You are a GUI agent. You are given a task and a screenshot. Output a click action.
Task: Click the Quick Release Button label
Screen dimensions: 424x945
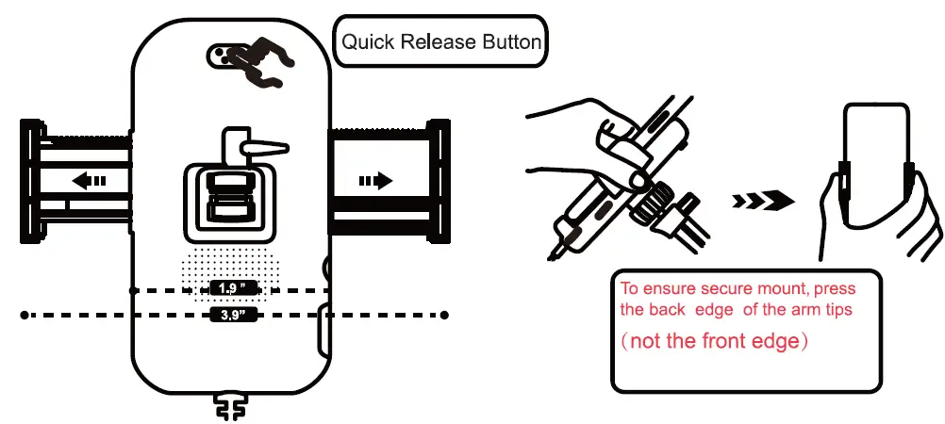(440, 41)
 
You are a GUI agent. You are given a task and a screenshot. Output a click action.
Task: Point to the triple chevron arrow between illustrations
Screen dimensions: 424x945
(762, 199)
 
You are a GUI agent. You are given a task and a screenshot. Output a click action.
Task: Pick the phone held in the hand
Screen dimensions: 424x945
(876, 170)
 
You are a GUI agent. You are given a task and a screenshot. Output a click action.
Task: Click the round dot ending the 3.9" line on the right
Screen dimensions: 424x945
(444, 315)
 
